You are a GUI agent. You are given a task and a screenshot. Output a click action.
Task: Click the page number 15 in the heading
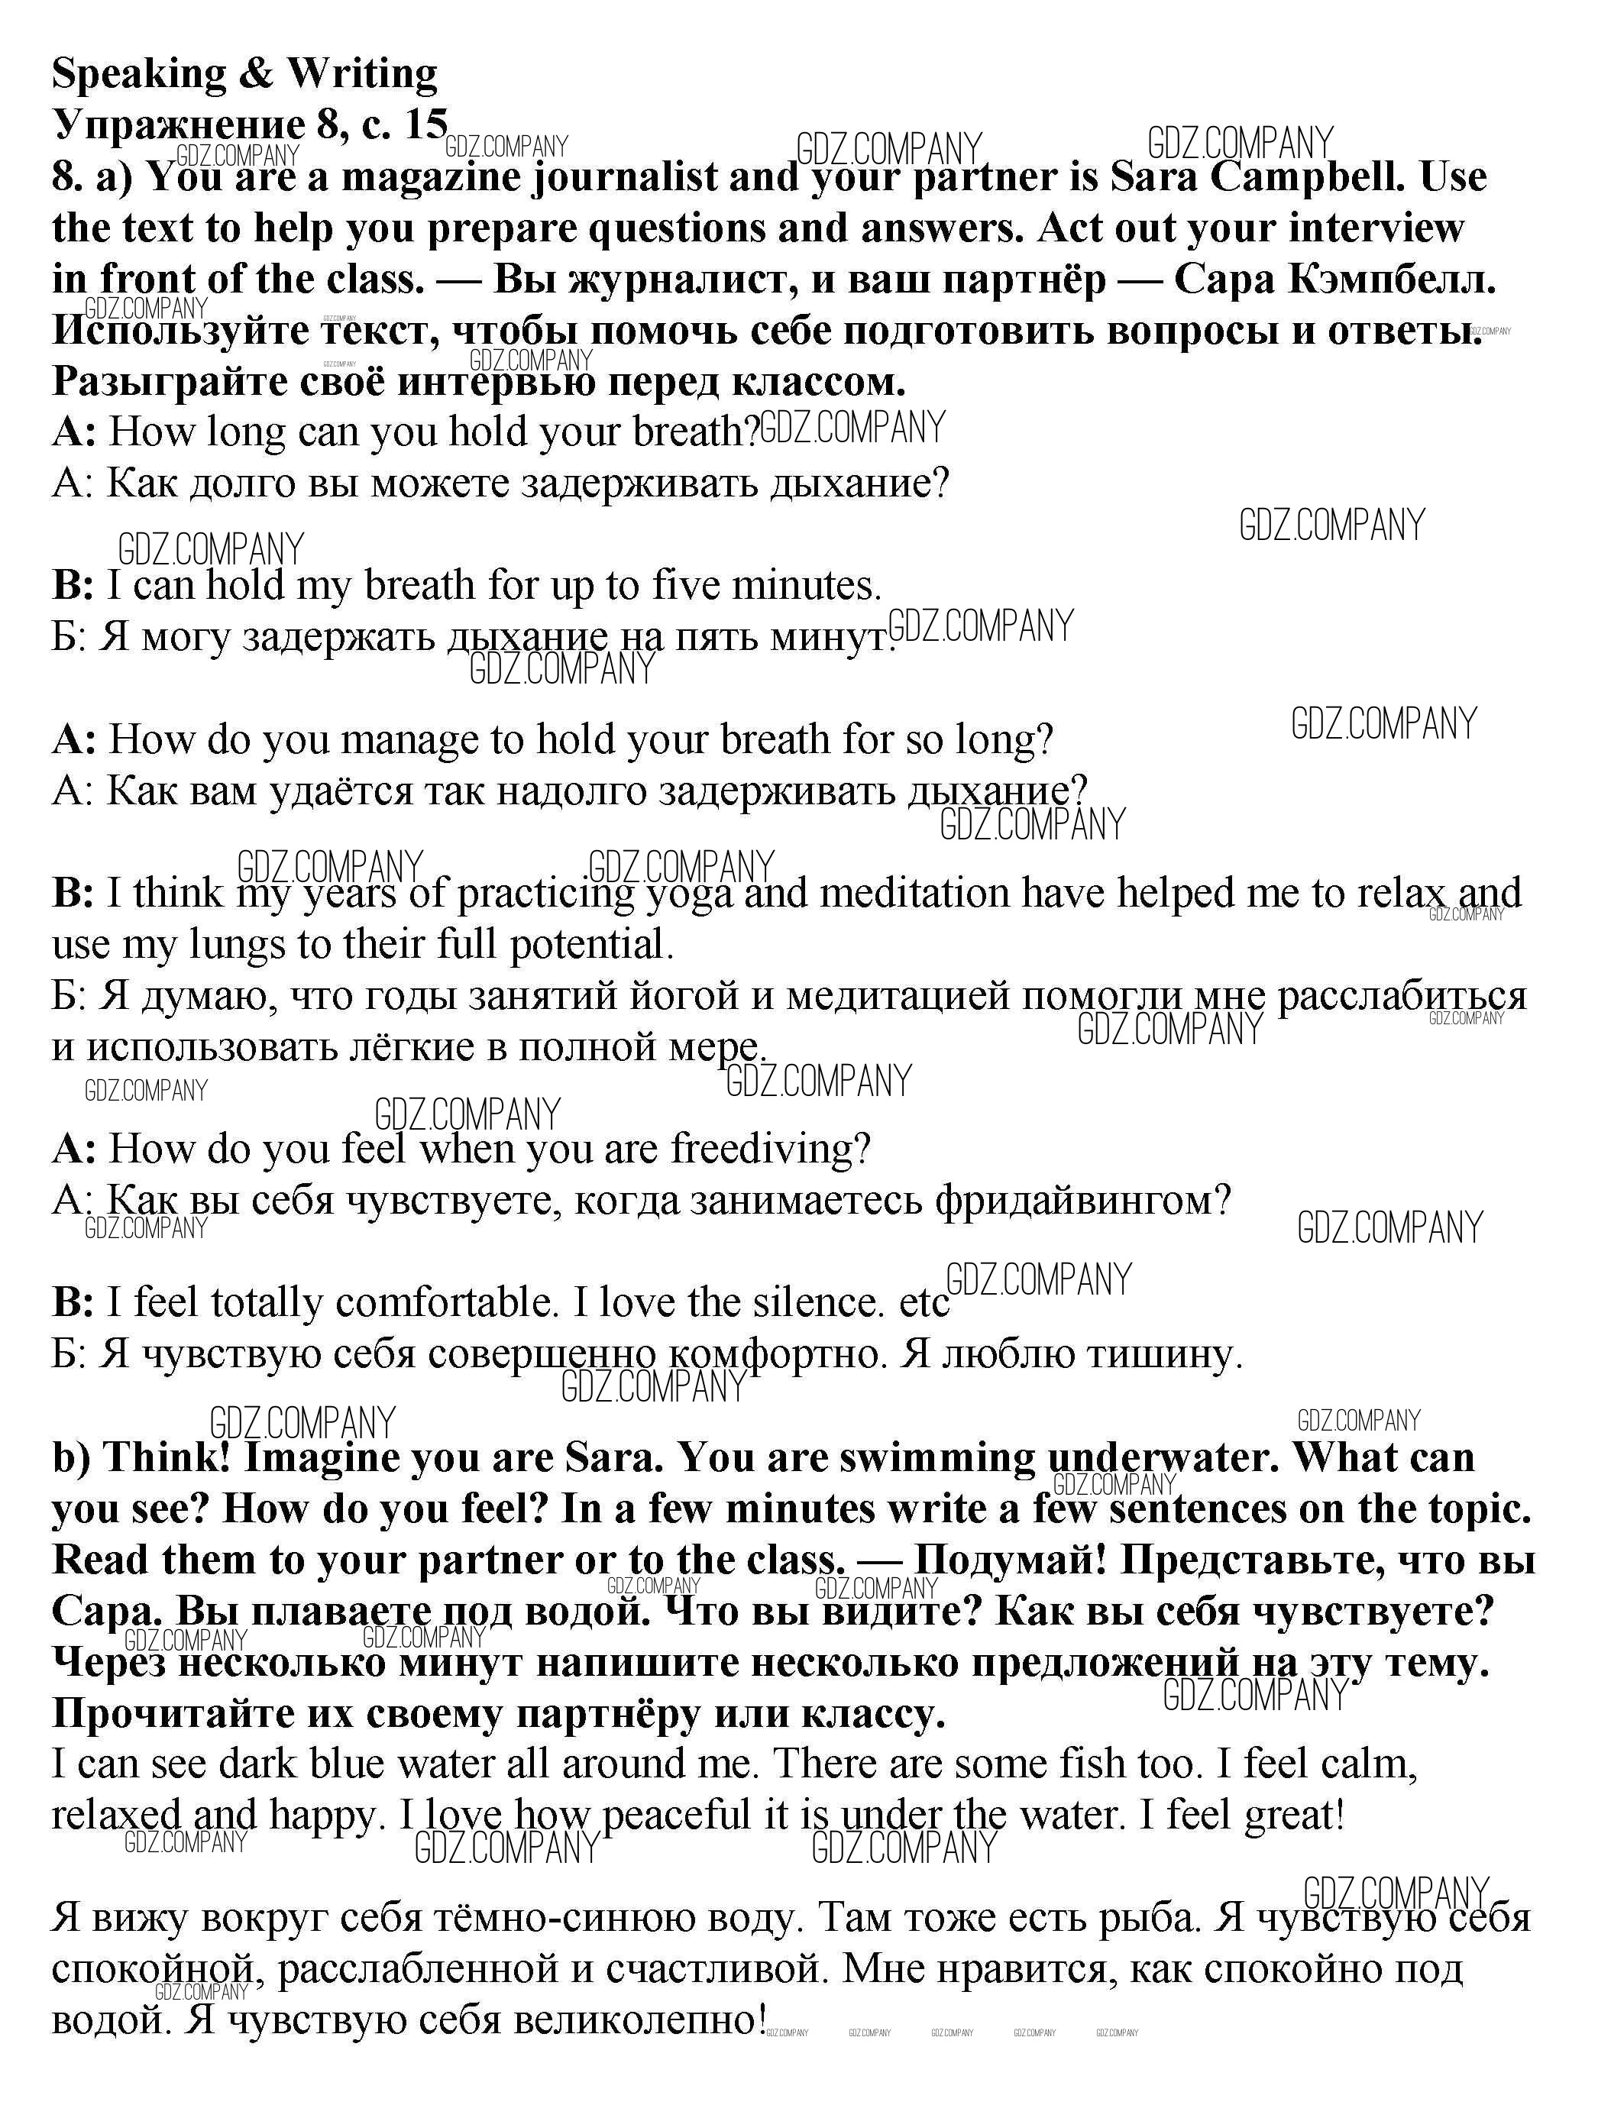tap(425, 125)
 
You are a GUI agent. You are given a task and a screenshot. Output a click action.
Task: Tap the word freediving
tap(770, 1148)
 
